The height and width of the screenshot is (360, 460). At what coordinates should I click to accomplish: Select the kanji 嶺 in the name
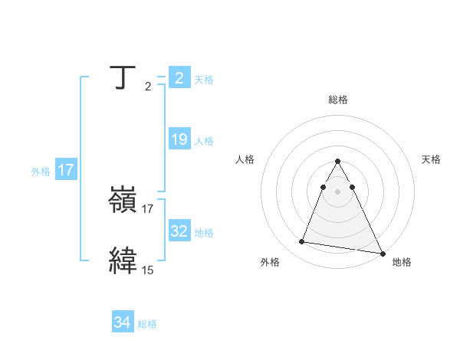point(123,201)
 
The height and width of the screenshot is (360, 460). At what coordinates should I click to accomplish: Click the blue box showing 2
point(179,78)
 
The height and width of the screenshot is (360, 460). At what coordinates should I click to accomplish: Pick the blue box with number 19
point(179,139)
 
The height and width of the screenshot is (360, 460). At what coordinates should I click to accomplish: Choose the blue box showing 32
point(179,231)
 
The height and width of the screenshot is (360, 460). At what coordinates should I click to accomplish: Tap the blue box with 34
point(122,323)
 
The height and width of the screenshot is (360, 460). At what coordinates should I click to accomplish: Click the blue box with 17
point(66,171)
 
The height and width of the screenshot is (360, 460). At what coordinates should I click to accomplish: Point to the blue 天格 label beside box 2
point(204,80)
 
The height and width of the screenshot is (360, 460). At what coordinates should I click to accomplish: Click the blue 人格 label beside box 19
point(204,141)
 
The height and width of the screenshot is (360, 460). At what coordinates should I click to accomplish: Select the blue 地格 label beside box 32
point(204,233)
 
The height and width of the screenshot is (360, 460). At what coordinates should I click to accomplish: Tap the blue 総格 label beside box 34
point(147,325)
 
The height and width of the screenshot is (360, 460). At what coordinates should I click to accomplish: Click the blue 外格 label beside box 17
point(41,172)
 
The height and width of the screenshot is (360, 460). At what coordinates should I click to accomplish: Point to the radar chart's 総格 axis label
point(337,100)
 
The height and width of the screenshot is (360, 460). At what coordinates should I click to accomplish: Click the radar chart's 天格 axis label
point(431,159)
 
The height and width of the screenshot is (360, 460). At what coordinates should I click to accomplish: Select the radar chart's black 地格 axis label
point(401,263)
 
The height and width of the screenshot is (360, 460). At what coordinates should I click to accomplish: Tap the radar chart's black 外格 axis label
point(270,263)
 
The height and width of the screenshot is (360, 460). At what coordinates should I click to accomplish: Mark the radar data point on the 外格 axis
point(302,242)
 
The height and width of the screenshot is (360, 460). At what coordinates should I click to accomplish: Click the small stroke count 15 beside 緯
point(147,270)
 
